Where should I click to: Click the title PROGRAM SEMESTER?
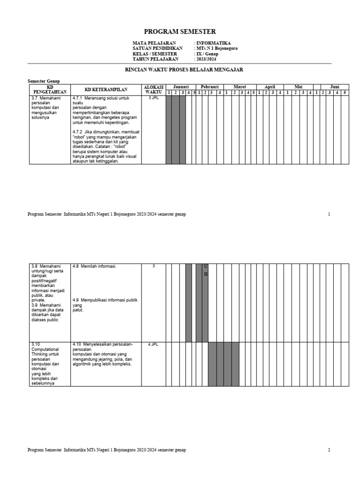(180, 32)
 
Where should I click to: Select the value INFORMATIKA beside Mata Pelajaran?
(213, 43)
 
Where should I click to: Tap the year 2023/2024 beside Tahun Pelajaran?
(207, 60)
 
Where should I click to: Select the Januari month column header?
(180, 87)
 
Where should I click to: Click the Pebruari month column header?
(210, 87)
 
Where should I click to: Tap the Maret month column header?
(240, 87)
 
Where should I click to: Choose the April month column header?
(270, 87)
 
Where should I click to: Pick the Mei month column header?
(299, 87)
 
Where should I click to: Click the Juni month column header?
(335, 87)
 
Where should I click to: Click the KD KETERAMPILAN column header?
(106, 90)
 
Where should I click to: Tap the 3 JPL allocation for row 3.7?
(153, 98)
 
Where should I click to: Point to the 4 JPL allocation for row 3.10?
(153, 345)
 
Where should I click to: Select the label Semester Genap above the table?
(44, 81)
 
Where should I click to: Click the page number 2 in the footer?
(329, 450)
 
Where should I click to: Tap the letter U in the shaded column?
(205, 266)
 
